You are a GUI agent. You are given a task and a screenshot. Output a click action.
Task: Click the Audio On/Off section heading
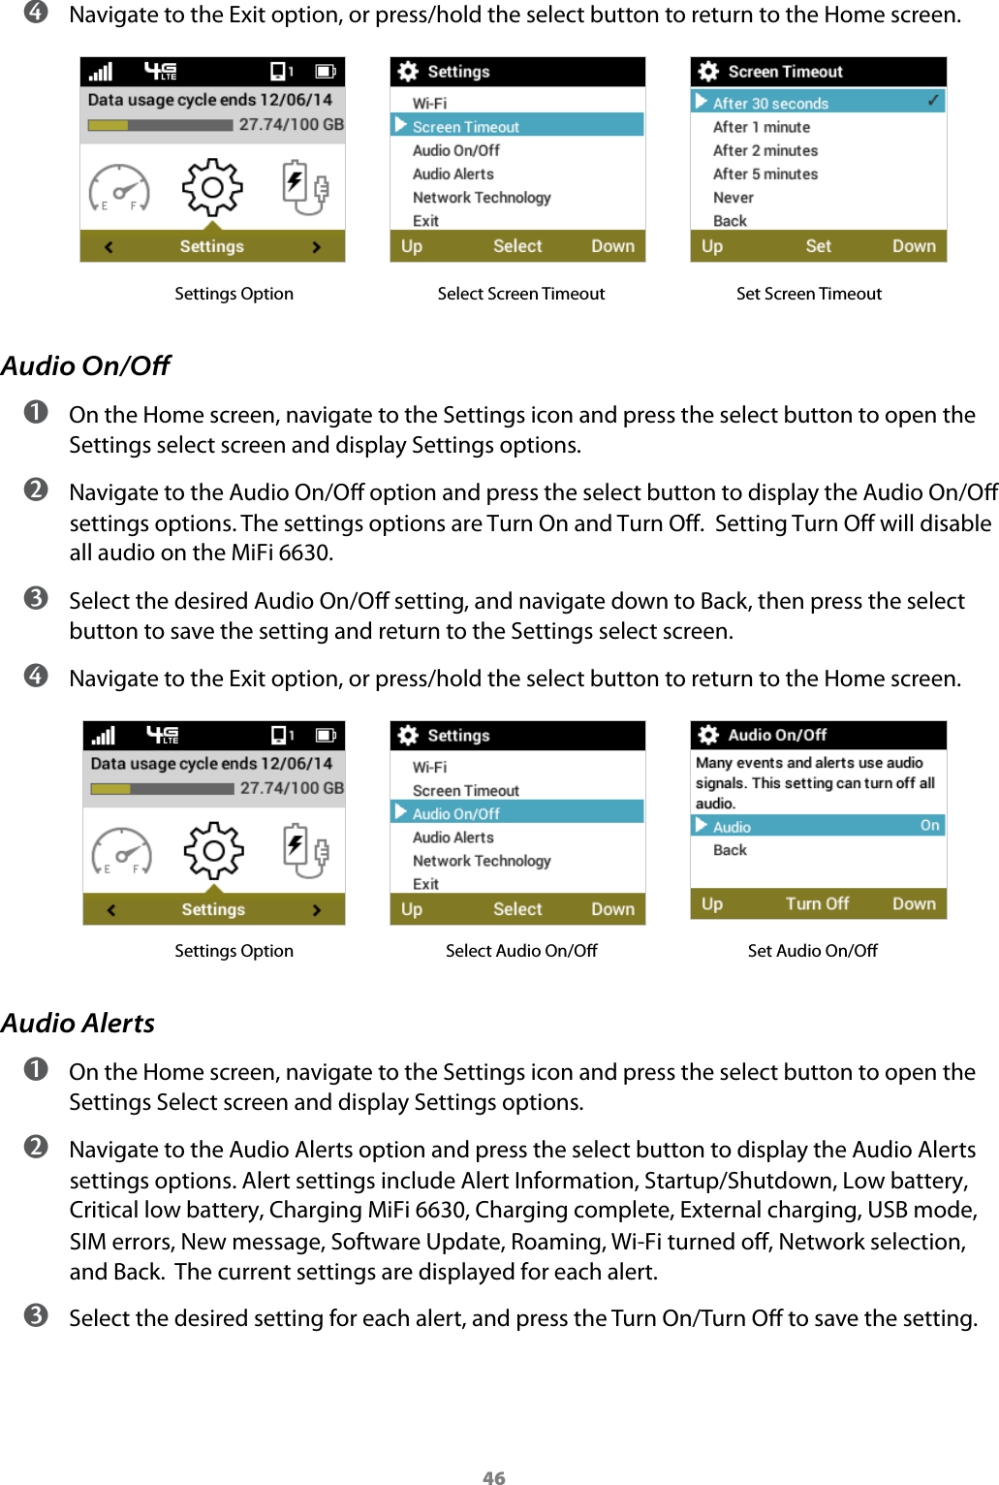[85, 365]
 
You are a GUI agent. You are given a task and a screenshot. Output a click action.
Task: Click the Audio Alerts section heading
[78, 1023]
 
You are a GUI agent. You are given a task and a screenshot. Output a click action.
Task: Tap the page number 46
[494, 1477]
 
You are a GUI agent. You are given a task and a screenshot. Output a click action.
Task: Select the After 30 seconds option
[770, 103]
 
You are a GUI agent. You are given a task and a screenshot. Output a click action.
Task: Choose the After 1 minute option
[761, 127]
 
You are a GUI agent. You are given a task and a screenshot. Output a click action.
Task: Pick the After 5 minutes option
[765, 174]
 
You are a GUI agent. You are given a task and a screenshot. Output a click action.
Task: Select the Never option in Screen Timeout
[733, 198]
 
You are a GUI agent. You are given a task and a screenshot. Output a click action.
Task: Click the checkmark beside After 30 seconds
[933, 101]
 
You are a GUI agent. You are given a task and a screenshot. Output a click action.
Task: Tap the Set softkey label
[818, 246]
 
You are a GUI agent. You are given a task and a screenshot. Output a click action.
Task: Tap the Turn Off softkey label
[817, 903]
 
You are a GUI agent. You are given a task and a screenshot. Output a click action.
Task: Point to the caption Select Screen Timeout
[520, 294]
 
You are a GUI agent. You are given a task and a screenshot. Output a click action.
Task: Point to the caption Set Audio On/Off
[812, 951]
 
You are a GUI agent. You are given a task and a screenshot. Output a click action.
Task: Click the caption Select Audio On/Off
[521, 951]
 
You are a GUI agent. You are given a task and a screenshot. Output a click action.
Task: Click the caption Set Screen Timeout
[808, 294]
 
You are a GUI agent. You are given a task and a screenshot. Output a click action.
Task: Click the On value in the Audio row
[929, 826]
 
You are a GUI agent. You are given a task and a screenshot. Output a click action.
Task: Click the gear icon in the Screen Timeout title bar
[708, 72]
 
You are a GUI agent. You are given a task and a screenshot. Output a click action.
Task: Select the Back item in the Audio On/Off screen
[730, 850]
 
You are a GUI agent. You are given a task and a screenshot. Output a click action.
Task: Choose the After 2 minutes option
[765, 150]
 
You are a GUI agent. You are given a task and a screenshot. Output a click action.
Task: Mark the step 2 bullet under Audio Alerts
[36, 1147]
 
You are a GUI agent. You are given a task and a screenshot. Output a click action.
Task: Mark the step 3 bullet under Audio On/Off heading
[36, 598]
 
